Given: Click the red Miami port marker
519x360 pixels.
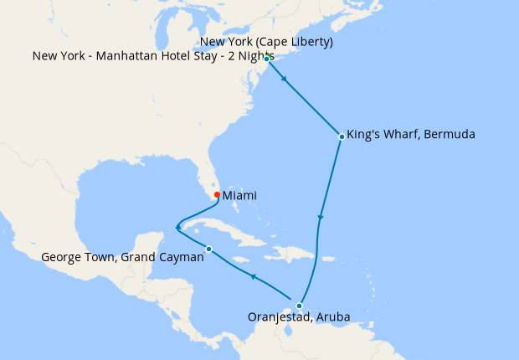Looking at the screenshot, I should (x=217, y=195).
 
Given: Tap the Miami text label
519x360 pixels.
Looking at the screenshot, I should (x=239, y=195).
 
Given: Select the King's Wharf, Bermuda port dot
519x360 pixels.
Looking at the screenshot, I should (x=342, y=136).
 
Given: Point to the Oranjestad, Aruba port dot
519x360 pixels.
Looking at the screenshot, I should (x=299, y=306).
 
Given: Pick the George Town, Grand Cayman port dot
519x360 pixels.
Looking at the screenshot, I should (x=208, y=248).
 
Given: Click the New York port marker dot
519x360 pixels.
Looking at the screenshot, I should (x=266, y=59).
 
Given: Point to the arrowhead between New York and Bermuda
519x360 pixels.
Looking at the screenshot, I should (x=286, y=80).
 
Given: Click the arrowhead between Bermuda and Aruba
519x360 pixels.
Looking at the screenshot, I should (x=321, y=219).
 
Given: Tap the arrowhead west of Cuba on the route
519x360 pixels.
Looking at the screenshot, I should (x=177, y=226).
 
